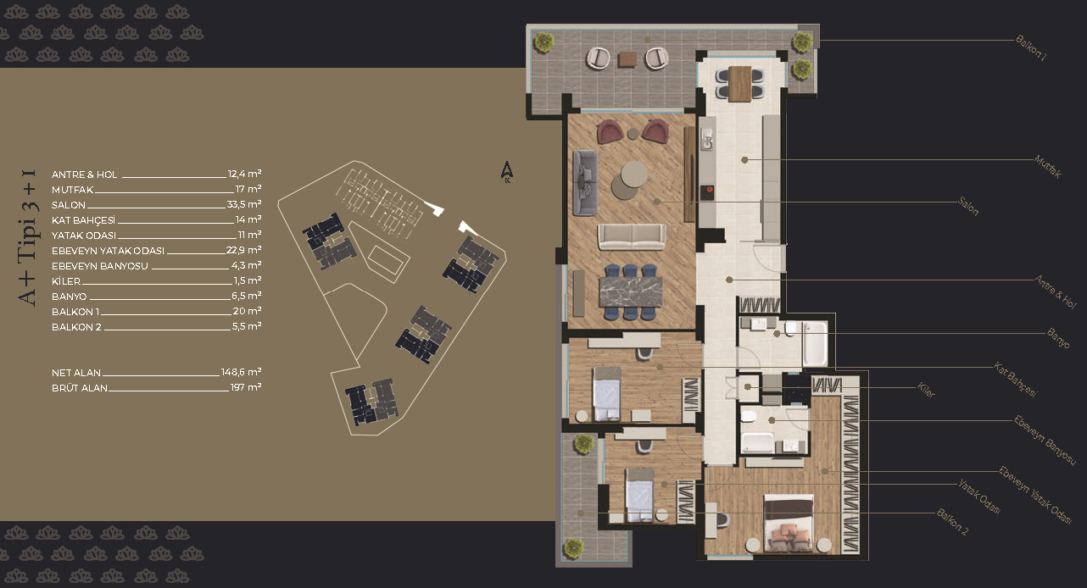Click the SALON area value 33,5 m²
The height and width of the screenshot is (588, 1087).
click(x=244, y=204)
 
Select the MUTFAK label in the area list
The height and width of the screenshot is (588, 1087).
click(x=72, y=190)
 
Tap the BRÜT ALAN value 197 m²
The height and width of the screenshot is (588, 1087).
click(x=246, y=387)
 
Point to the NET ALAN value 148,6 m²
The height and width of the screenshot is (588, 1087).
click(x=241, y=372)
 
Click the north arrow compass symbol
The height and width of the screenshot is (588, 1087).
click(x=507, y=172)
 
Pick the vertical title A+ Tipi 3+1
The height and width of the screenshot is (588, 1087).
click(x=28, y=237)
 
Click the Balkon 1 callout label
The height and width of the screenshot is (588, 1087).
click(x=1031, y=48)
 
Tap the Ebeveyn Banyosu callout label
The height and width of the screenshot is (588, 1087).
click(x=1045, y=440)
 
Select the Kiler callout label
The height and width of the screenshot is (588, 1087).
click(x=926, y=390)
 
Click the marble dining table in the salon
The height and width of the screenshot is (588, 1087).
click(x=630, y=291)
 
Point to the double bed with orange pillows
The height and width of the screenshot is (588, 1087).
click(x=788, y=523)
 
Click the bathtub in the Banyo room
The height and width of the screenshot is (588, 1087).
click(x=816, y=343)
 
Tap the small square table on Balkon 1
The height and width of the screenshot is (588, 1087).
click(x=627, y=59)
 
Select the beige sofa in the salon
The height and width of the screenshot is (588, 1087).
click(x=632, y=236)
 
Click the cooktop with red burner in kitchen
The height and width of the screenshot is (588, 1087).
click(x=706, y=192)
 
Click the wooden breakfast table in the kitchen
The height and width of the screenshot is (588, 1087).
click(x=739, y=84)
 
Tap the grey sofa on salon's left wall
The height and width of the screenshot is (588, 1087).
click(x=585, y=183)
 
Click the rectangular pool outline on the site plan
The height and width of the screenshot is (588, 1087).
click(x=388, y=263)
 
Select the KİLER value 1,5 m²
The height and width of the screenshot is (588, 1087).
click(x=247, y=280)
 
